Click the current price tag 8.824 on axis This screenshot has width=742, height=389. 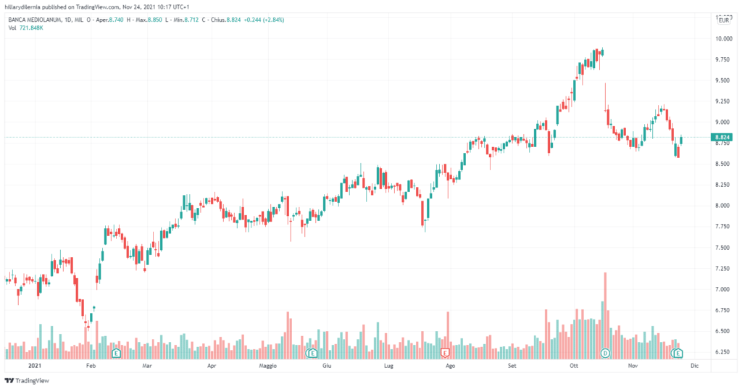pyautogui.click(x=721, y=137)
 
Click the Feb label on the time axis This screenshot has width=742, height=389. pyautogui.click(x=91, y=367)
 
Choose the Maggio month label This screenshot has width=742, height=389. pyautogui.click(x=268, y=367)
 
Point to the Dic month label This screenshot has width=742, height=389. pyautogui.click(x=694, y=367)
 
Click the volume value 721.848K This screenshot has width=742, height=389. pyautogui.click(x=33, y=28)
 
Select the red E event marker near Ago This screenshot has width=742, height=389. pyautogui.click(x=446, y=353)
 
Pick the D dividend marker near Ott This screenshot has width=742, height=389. pyautogui.click(x=606, y=353)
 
